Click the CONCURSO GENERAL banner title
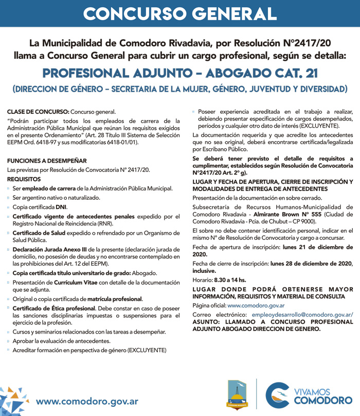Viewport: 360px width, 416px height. pyautogui.click(x=179, y=13)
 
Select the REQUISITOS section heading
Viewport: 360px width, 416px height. pyautogui.click(x=24, y=179)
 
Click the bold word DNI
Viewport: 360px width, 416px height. pyautogui.click(x=61, y=207)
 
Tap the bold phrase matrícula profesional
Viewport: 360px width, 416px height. pyautogui.click(x=114, y=299)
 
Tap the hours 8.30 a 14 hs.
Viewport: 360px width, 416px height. pyautogui.click(x=229, y=280)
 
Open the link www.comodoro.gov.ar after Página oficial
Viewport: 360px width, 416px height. pyautogui.click(x=256, y=305)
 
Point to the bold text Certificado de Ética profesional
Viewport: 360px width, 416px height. pyautogui.click(x=54, y=308)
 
